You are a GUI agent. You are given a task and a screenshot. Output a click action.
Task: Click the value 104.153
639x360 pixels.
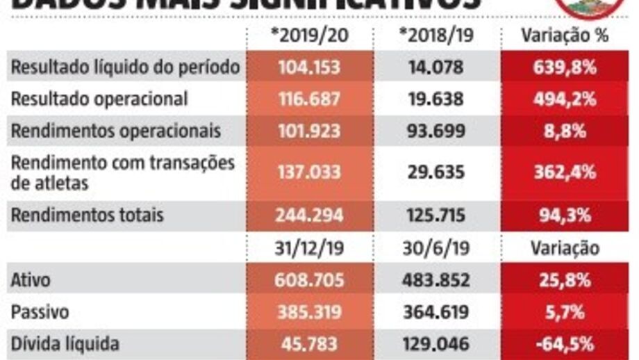(310, 67)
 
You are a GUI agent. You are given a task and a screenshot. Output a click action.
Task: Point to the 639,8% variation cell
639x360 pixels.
(565, 67)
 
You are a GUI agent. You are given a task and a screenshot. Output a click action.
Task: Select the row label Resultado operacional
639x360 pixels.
(99, 99)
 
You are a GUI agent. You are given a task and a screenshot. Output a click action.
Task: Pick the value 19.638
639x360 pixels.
(436, 99)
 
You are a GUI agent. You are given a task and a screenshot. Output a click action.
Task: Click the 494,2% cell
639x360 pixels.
(565, 99)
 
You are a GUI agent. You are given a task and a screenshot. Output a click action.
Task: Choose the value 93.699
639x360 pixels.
(436, 131)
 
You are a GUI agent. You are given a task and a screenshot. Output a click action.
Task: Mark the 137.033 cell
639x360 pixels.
(310, 172)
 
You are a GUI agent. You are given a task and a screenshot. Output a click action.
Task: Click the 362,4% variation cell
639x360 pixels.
(565, 172)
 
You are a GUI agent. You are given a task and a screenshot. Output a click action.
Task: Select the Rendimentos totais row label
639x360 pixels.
(88, 215)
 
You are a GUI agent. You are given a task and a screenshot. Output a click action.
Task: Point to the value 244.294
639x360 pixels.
(310, 215)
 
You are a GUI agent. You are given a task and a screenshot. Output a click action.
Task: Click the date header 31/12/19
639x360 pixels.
(310, 248)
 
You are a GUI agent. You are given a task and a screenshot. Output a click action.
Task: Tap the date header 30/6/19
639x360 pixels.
(436, 248)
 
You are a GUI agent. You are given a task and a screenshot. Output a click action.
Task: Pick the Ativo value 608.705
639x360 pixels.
(310, 280)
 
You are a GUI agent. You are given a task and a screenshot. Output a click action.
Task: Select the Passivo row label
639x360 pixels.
(40, 312)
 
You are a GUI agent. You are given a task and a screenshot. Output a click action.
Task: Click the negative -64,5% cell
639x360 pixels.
(565, 343)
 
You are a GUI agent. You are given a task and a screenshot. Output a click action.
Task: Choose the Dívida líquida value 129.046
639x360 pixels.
(436, 343)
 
